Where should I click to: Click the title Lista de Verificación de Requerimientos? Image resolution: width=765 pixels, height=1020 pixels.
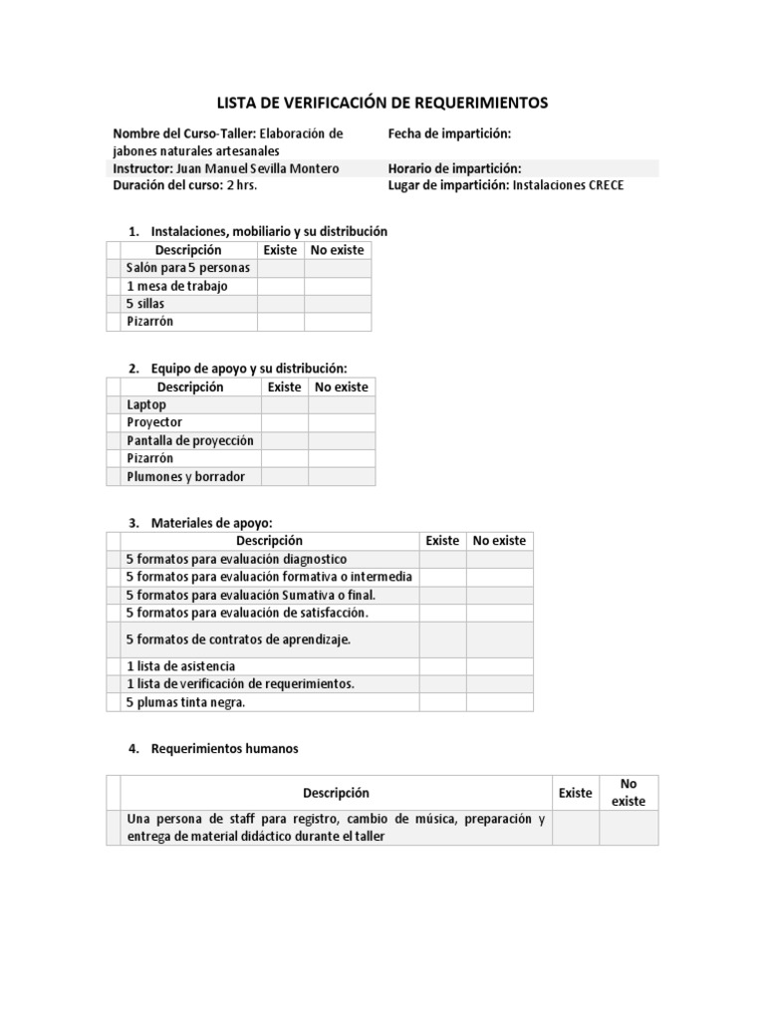pyautogui.click(x=382, y=103)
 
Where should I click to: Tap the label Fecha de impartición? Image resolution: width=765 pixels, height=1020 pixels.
pyautogui.click(x=449, y=133)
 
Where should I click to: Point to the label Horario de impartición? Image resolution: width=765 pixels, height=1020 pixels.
pyautogui.click(x=454, y=168)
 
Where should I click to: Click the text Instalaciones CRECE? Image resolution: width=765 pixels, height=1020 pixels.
pyautogui.click(x=568, y=185)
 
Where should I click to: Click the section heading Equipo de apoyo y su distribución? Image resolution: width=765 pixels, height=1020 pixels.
pyautogui.click(x=248, y=369)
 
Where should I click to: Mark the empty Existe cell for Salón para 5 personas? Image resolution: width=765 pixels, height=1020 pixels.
pyautogui.click(x=280, y=268)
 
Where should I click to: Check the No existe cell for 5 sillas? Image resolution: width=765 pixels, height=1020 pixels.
pyautogui.click(x=337, y=304)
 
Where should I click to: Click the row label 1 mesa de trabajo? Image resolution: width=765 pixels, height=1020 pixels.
pyautogui.click(x=177, y=286)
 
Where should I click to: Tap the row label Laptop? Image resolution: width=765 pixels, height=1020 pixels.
pyautogui.click(x=146, y=404)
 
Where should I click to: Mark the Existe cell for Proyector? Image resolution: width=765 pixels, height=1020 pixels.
pyautogui.click(x=284, y=422)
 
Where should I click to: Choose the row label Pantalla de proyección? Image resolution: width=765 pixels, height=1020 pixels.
pyautogui.click(x=190, y=440)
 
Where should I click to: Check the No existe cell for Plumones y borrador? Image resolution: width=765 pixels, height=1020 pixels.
pyautogui.click(x=342, y=476)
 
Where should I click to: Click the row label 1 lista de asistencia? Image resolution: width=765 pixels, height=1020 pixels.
pyautogui.click(x=180, y=665)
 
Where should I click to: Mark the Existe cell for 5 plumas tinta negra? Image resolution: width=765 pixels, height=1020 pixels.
pyautogui.click(x=442, y=702)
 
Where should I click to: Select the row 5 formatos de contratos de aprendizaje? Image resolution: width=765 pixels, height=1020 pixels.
pyautogui.click(x=238, y=639)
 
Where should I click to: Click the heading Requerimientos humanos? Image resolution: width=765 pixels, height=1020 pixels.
pyautogui.click(x=224, y=749)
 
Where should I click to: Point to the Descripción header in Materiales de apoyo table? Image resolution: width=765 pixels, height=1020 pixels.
pyautogui.click(x=263, y=541)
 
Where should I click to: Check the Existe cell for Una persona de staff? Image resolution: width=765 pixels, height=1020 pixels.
pyautogui.click(x=575, y=828)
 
